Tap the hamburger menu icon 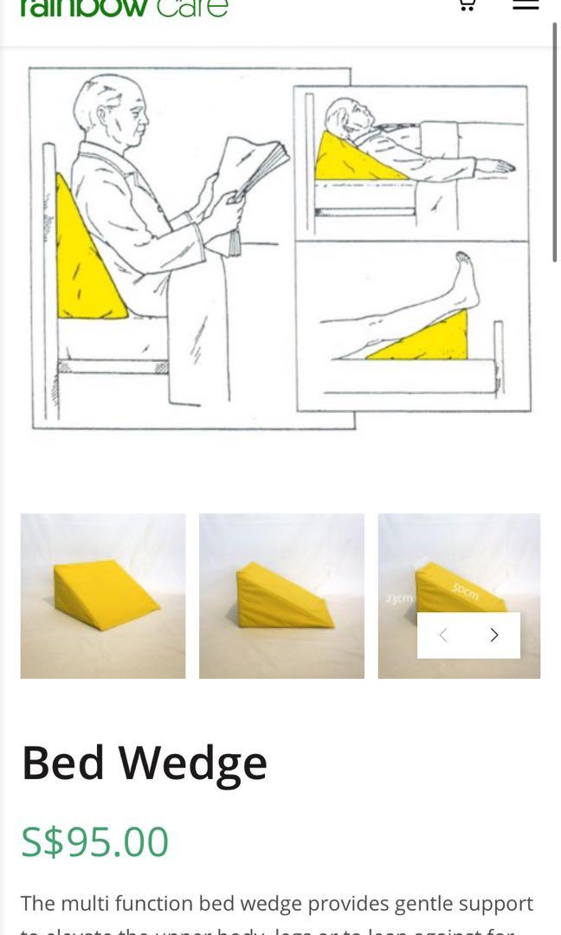point(526,4)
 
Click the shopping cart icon point(466,4)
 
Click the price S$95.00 point(94,841)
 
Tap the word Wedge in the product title point(192,763)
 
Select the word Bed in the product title point(62,763)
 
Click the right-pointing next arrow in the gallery point(494,635)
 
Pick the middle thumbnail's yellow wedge point(281,597)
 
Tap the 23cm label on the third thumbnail point(399,598)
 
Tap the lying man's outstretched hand point(496,165)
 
